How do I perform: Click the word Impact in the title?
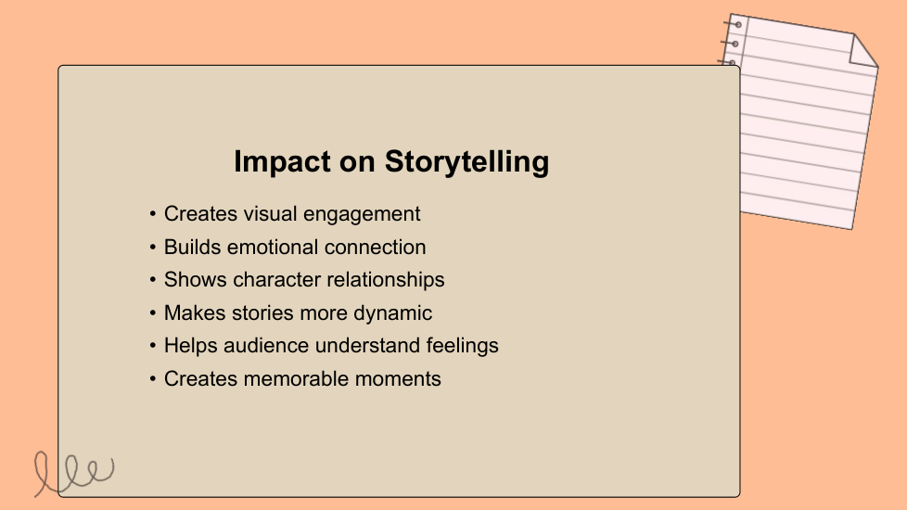pyautogui.click(x=282, y=162)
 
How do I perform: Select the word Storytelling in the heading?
pyautogui.click(x=466, y=162)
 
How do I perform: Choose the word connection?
pyautogui.click(x=376, y=247)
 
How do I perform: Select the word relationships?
pyautogui.click(x=385, y=280)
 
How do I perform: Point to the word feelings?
pyautogui.click(x=462, y=346)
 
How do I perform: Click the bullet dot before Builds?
pyautogui.click(x=153, y=248)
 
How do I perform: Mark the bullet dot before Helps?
pyautogui.click(x=153, y=346)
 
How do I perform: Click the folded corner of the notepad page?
pyautogui.click(x=862, y=51)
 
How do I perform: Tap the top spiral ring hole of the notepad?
pyautogui.click(x=737, y=25)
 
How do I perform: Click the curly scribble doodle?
pyautogui.click(x=73, y=473)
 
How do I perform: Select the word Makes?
pyautogui.click(x=195, y=312)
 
